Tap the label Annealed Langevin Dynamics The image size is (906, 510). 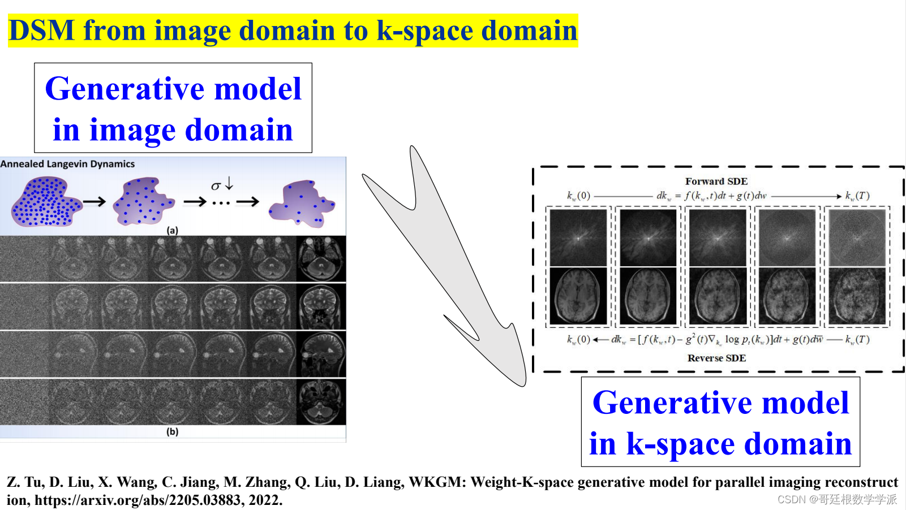[68, 164]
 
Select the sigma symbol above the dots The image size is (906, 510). [215, 186]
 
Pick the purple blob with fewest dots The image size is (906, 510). [302, 204]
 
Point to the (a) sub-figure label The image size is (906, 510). [173, 230]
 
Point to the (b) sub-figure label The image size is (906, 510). [173, 431]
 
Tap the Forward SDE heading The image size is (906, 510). [716, 181]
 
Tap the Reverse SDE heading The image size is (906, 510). [716, 358]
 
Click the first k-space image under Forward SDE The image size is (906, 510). [578, 237]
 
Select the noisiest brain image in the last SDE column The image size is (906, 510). [857, 296]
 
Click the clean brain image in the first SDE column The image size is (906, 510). [578, 296]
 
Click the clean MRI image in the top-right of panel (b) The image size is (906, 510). [321, 259]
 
